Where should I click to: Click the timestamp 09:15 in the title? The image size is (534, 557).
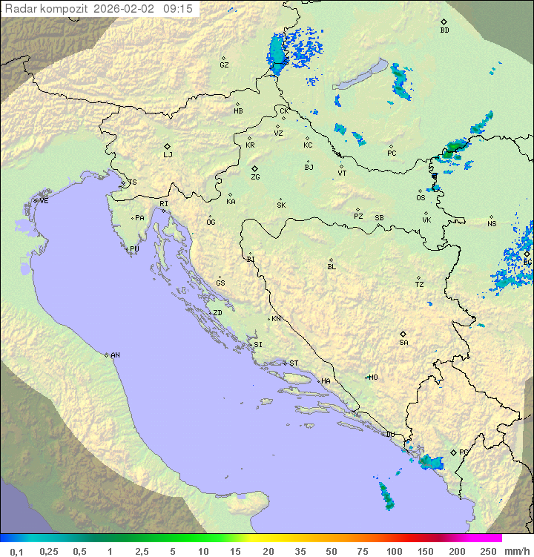click(178, 9)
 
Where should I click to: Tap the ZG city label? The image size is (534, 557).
click(255, 177)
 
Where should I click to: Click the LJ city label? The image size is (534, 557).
click(168, 155)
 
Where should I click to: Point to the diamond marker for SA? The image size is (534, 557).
click(403, 334)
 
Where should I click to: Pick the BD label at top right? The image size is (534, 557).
click(444, 30)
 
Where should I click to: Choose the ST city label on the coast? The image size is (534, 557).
click(294, 363)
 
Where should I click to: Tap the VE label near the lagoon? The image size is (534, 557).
click(44, 201)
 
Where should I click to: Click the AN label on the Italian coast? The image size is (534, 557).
click(115, 355)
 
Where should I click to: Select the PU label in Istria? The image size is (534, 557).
click(134, 249)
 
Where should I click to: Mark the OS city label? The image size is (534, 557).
click(421, 198)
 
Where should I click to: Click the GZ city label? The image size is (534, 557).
click(224, 65)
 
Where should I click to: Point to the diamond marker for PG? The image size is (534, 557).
click(454, 452)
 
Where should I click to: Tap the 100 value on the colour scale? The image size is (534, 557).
click(394, 551)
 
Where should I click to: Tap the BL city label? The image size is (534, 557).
click(332, 266)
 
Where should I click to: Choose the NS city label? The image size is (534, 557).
click(492, 224)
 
